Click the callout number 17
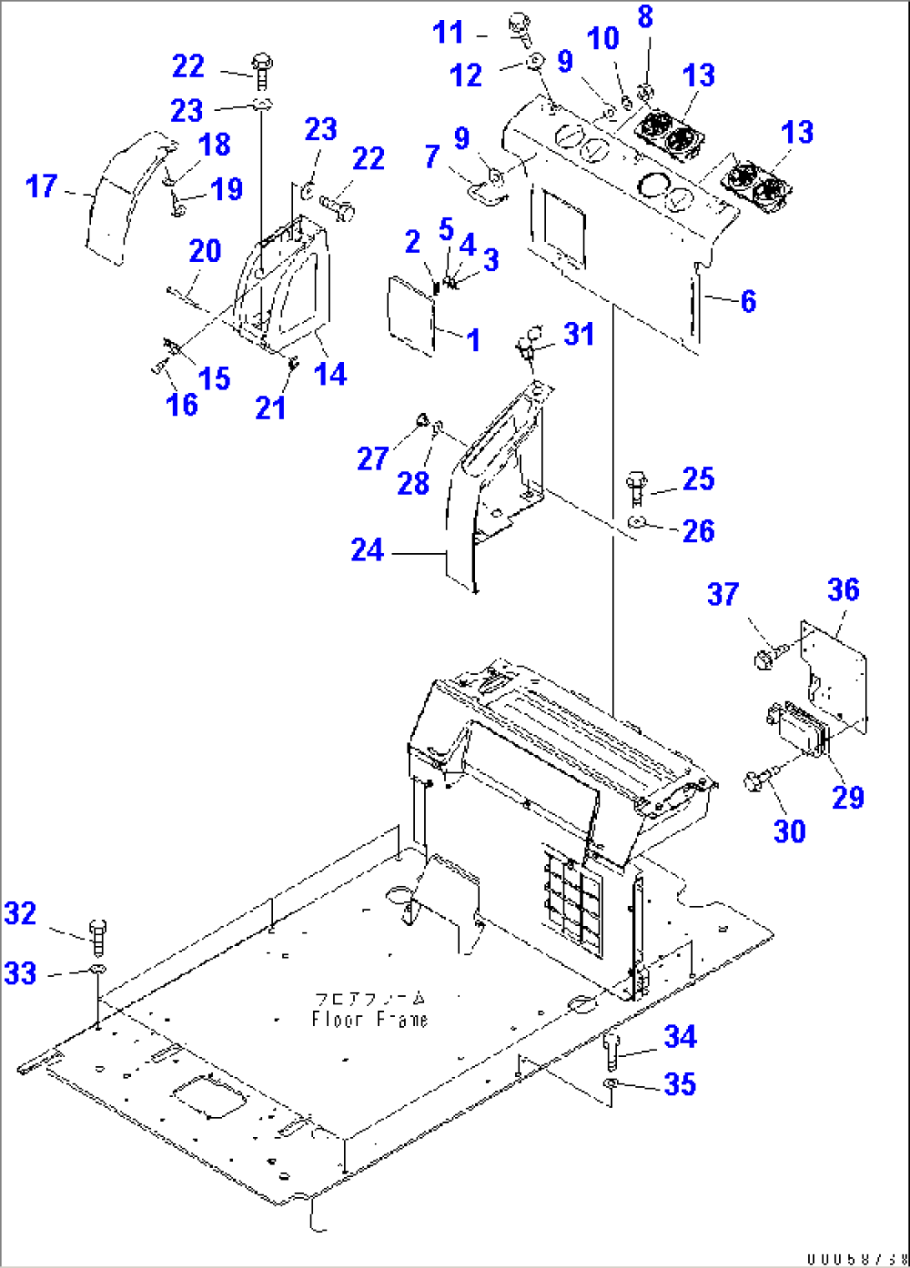pyautogui.click(x=42, y=186)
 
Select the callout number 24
pyautogui.click(x=367, y=550)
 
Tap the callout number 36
pyautogui.click(x=843, y=590)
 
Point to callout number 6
pyautogui.click(x=748, y=301)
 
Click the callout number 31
pyautogui.click(x=579, y=335)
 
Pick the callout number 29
pyautogui.click(x=848, y=797)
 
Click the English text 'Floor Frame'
pyautogui.click(x=369, y=1019)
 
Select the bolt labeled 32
pyautogui.click(x=98, y=937)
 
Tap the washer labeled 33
pyautogui.click(x=97, y=970)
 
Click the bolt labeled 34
pyautogui.click(x=610, y=1049)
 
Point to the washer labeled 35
pyautogui.click(x=610, y=1083)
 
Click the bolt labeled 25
pyautogui.click(x=637, y=487)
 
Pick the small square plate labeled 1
pyautogui.click(x=411, y=311)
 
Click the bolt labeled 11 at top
pyautogui.click(x=520, y=28)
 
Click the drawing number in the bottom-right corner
pyautogui.click(x=857, y=1258)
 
